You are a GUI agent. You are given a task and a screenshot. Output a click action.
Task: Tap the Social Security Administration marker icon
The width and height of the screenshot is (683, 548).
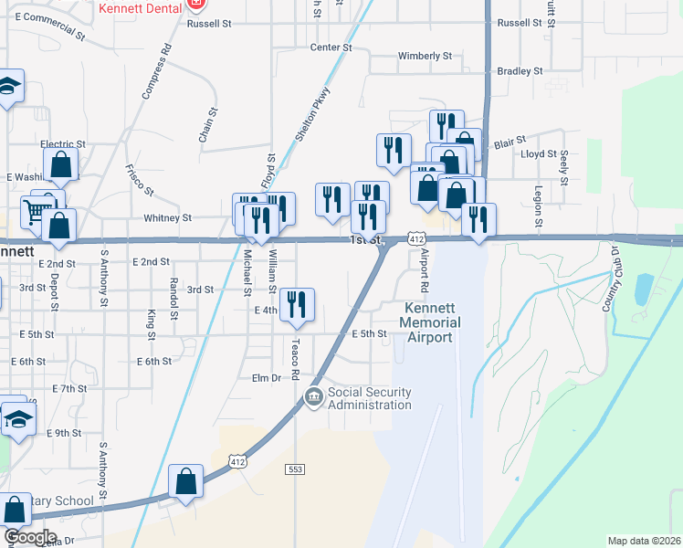[314, 396]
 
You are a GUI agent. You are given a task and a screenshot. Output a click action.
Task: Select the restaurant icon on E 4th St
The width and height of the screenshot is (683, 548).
[296, 303]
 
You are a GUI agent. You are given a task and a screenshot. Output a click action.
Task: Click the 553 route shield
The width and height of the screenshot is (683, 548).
[294, 469]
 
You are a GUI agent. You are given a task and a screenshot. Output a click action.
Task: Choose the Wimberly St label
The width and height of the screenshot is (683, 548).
[425, 56]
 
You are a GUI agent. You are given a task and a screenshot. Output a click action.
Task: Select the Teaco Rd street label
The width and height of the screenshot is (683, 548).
[295, 358]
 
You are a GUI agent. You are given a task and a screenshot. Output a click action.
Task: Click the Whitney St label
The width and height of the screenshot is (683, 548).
[168, 218]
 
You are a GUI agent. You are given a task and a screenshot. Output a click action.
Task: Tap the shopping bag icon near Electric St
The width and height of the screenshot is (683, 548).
[61, 165]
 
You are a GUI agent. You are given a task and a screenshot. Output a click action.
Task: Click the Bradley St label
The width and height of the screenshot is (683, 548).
[520, 70]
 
